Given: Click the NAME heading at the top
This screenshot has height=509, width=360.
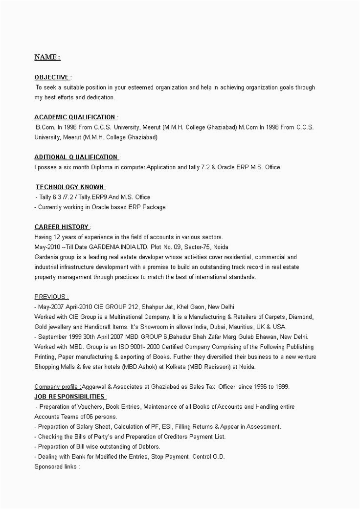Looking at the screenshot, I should click(47, 58).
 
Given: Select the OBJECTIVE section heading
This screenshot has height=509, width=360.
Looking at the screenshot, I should click(52, 77).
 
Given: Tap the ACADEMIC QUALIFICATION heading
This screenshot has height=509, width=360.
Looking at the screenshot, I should click(75, 117).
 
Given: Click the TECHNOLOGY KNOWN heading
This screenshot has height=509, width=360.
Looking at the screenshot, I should click(70, 187).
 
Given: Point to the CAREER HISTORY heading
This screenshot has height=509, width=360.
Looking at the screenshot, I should click(62, 227).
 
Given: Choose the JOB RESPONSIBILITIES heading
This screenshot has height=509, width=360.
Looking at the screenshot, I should click(70, 397).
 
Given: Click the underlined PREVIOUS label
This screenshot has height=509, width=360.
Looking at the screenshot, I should click(51, 297).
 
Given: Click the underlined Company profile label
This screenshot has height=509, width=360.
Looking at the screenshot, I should click(57, 387).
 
